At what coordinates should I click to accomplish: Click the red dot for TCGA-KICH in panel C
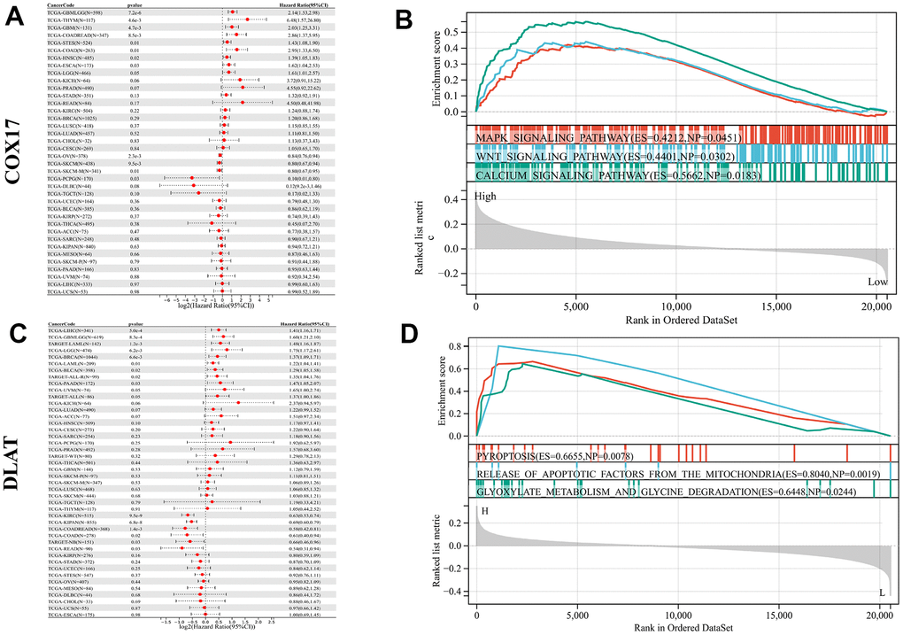point(238,402)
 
